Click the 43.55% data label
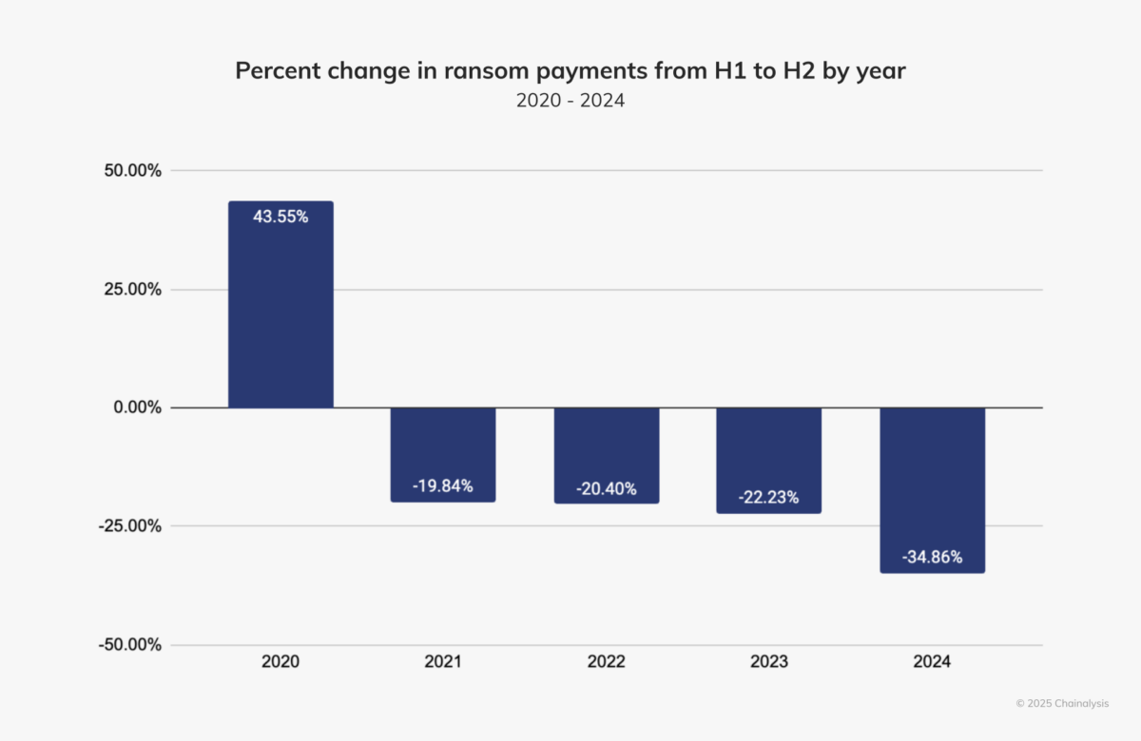(x=280, y=217)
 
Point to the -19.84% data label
(x=443, y=486)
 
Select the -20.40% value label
(x=606, y=488)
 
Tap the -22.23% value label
(x=768, y=497)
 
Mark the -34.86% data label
(x=932, y=557)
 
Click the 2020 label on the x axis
(x=280, y=662)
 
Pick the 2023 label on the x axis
(x=768, y=662)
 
